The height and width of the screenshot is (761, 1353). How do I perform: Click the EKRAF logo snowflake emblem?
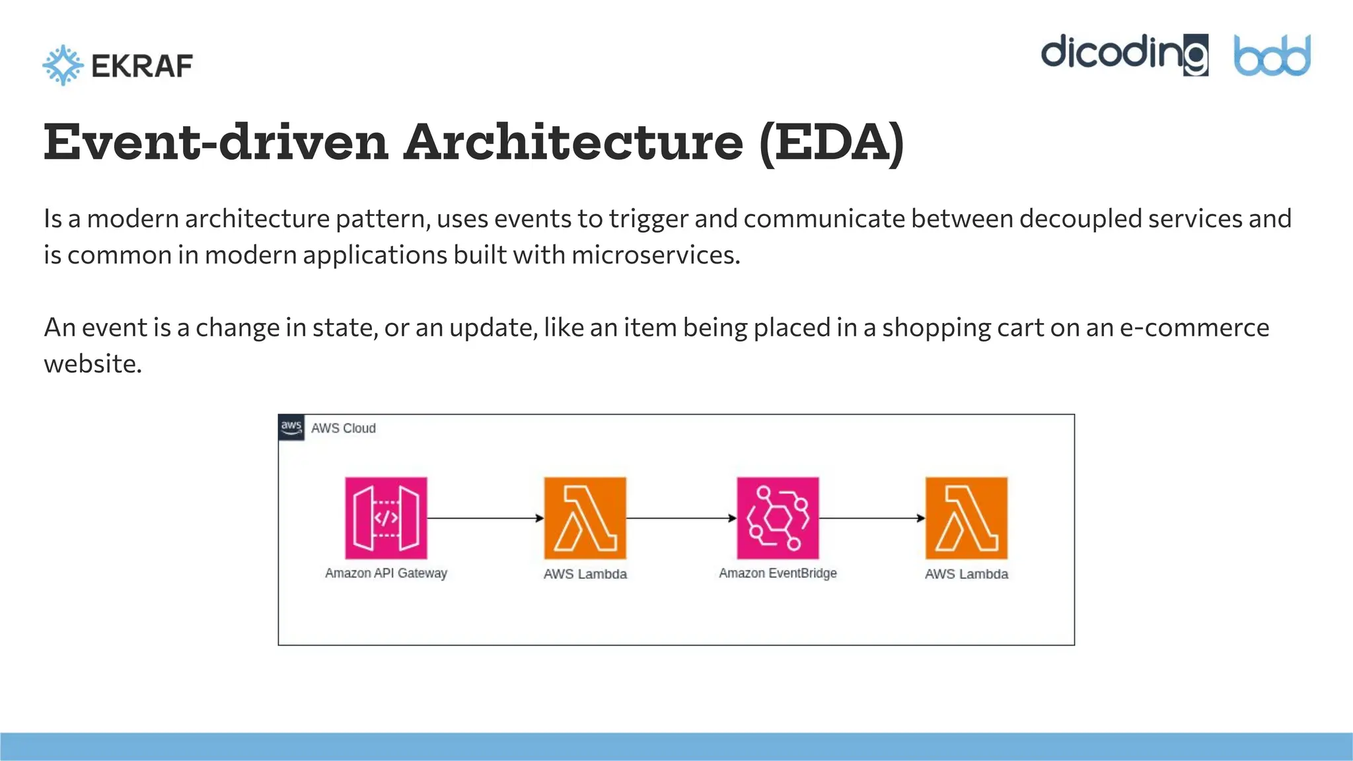(63, 65)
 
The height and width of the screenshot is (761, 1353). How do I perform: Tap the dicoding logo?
(1124, 54)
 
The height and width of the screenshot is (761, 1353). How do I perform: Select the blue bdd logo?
(1272, 55)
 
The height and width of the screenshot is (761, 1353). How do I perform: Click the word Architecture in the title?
(573, 143)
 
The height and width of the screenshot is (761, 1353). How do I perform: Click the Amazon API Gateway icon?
(386, 518)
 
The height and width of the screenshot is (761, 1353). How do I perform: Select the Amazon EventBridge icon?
(778, 518)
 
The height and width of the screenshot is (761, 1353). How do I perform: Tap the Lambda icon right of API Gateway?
(585, 518)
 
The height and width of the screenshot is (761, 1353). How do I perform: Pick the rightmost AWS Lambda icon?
(966, 518)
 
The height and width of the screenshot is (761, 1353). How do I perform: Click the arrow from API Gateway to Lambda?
(485, 518)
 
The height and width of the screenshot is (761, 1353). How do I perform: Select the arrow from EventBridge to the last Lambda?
(872, 518)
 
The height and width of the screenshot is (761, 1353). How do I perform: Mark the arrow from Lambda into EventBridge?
(681, 518)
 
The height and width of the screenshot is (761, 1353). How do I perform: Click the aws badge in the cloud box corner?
(291, 427)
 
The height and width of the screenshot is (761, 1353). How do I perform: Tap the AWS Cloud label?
(343, 428)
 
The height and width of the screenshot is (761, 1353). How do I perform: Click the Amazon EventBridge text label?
(778, 573)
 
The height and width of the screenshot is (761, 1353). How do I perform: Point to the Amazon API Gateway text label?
(386, 573)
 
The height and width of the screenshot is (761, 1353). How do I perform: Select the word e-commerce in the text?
(1194, 328)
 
